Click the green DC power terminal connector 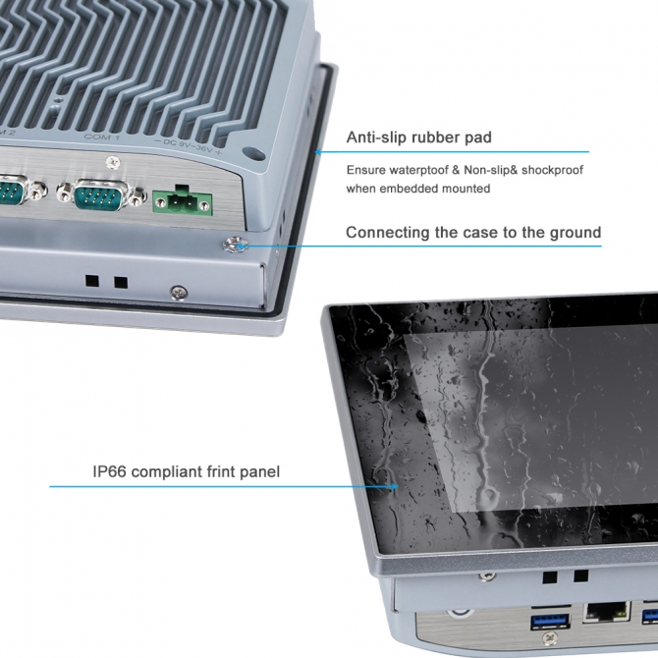[182, 203]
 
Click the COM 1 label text [102, 137]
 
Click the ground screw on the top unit [236, 244]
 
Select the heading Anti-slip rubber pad [419, 137]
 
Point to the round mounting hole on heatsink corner [254, 155]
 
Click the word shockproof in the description [552, 170]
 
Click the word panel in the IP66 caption [259, 472]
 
